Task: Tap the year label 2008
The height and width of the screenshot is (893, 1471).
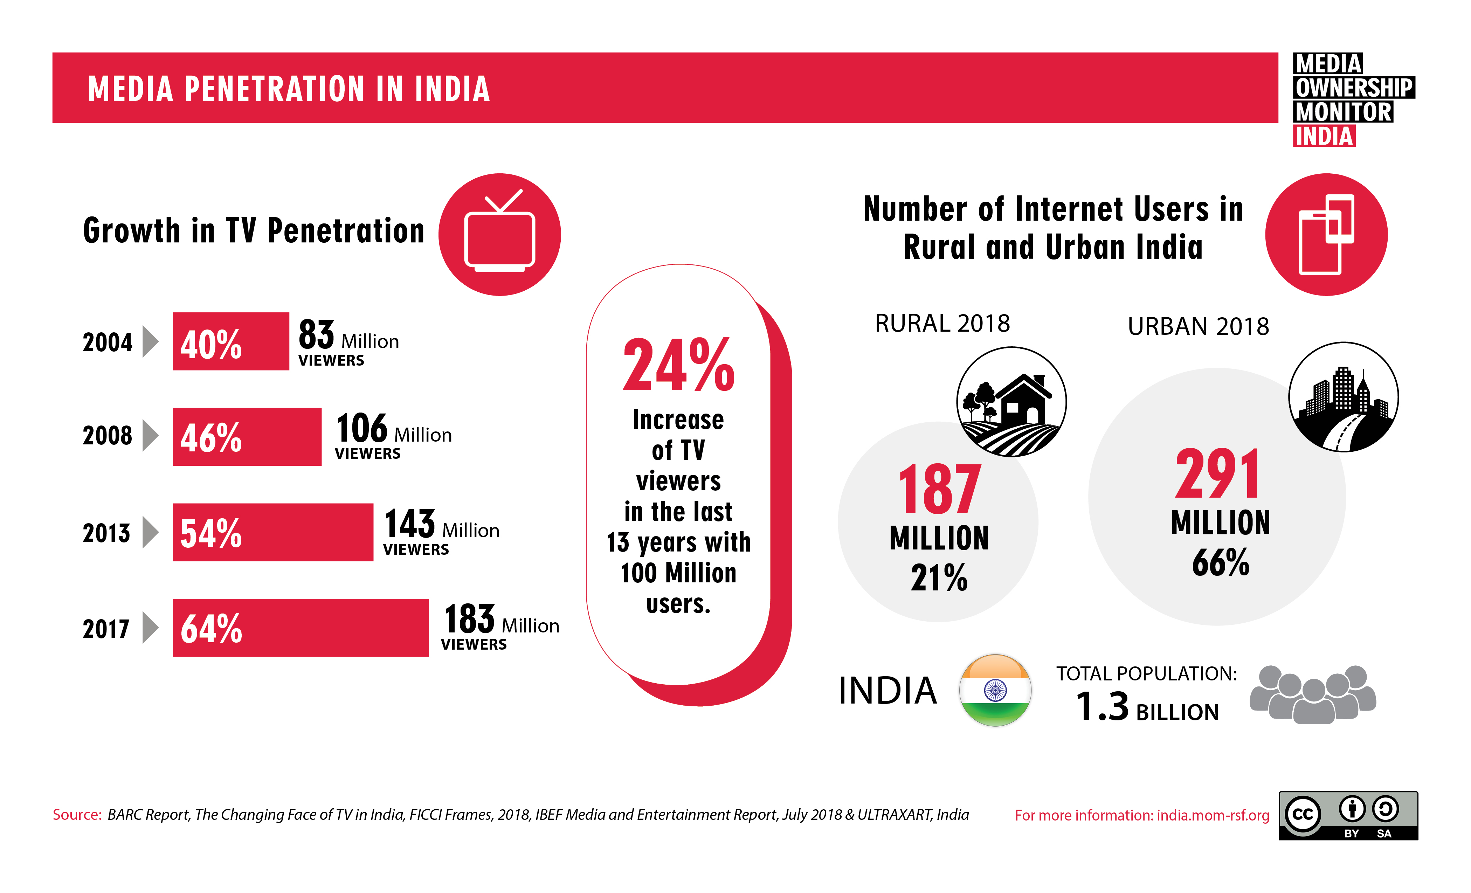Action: [108, 436]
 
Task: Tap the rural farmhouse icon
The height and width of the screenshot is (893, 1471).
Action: [1011, 402]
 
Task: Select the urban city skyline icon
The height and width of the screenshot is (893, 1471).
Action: [1343, 397]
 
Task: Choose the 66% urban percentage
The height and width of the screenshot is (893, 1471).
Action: [1220, 562]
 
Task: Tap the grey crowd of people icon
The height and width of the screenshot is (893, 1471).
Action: [1313, 694]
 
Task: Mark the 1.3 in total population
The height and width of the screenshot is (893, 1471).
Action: [1102, 707]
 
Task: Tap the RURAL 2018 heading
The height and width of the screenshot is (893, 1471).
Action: [942, 324]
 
